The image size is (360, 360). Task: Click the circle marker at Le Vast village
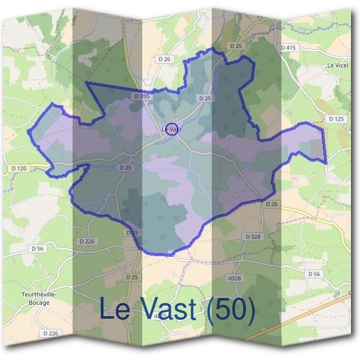point(172,128)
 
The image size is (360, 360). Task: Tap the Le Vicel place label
point(338,65)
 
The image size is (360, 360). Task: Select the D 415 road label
point(288,47)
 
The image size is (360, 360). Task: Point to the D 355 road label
point(142,96)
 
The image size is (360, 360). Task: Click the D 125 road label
point(337,119)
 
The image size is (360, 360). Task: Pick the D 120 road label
point(19,169)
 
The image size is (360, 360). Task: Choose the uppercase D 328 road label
point(253,237)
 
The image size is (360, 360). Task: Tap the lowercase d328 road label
point(234,278)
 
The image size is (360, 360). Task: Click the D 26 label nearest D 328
point(272,205)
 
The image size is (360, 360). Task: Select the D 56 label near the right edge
point(314,274)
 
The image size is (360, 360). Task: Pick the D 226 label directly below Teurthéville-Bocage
point(50,333)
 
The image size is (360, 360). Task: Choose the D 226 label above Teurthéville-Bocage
point(87,241)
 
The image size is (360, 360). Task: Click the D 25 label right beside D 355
point(205,98)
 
